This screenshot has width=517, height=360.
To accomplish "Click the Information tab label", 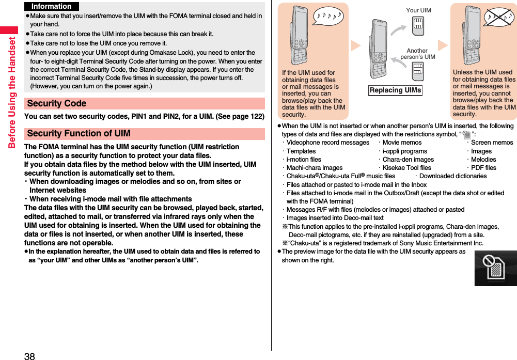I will coord(51,6).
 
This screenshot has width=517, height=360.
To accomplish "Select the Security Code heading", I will coord(57,103).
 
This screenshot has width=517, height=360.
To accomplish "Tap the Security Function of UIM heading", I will coord(79,133).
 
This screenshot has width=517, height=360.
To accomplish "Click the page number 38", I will coord(29,355).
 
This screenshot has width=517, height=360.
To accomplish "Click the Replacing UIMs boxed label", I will coord(396,90).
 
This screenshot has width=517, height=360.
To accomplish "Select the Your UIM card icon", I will coord(418,25).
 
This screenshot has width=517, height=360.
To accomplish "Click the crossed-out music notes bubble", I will coord(499,18).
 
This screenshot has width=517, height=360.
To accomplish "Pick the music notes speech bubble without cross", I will coord(327,16).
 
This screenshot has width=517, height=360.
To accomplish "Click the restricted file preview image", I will coord(495,268).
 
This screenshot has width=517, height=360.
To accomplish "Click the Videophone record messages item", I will coord(327,143).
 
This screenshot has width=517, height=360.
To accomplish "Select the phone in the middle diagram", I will coord(378,49).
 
